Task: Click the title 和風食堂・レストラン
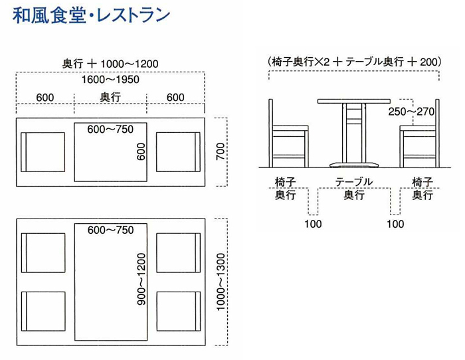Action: coord(91,15)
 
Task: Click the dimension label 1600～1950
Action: coord(110,80)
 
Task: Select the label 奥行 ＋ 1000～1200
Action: coord(110,64)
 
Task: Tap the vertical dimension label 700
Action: coord(221,151)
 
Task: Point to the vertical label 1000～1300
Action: coord(221,282)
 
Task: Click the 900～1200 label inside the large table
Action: coord(141,279)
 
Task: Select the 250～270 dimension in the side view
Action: coord(411,112)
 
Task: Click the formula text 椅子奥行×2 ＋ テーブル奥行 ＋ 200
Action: coord(355,62)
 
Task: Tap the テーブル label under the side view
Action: coord(354,182)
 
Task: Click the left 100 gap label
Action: coord(313,224)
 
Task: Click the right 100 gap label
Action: coord(395,224)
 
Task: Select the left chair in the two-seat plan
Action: coord(43,152)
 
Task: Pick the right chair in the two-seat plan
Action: coord(178,152)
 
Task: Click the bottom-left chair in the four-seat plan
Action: coord(43,311)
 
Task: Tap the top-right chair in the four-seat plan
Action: coord(179,253)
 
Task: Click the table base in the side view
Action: coord(354,165)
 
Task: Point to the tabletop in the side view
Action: coord(354,102)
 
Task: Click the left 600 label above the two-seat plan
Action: coord(45,98)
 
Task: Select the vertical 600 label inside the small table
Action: coord(141,151)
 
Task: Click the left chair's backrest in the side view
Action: coord(271,133)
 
